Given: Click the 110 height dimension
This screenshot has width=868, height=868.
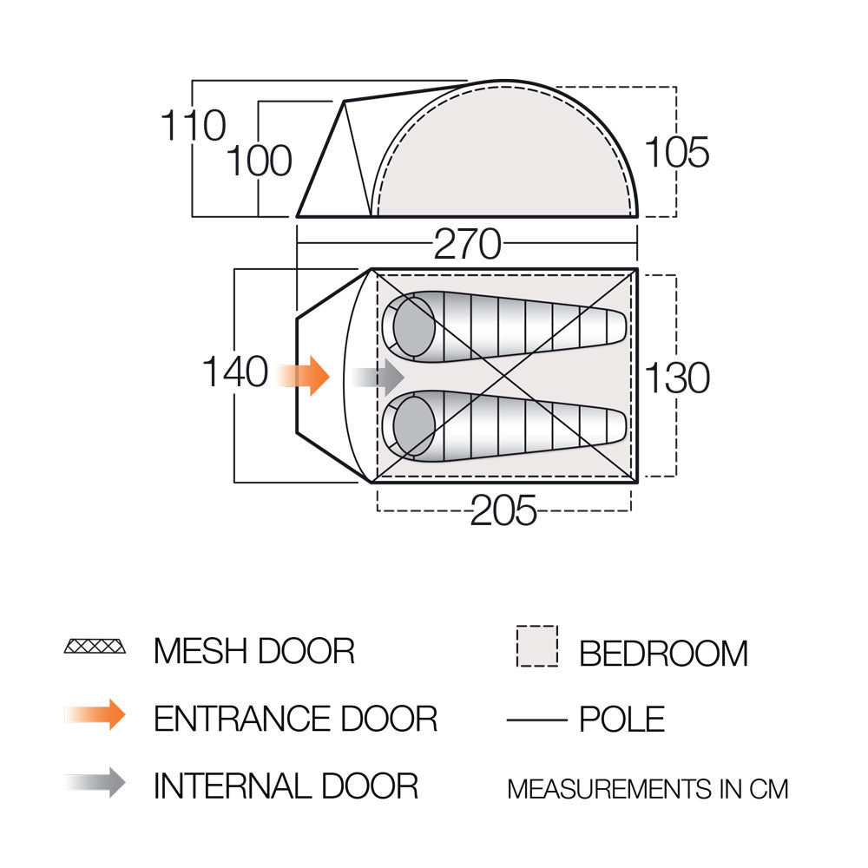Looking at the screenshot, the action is point(194,125).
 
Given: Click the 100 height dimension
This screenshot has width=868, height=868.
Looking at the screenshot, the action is point(259,161).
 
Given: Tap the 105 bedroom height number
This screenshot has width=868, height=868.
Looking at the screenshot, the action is point(676,152).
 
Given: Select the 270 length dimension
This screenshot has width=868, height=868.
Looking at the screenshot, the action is point(467,244).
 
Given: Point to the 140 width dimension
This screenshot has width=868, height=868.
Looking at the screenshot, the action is point(235,372).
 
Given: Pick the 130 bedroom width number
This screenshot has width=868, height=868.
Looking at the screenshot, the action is point(677,378).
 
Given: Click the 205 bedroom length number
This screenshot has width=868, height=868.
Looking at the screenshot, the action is point(503,510).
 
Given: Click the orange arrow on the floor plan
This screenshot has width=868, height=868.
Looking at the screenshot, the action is point(303,376).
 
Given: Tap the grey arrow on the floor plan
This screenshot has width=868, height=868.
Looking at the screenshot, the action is point(378,377).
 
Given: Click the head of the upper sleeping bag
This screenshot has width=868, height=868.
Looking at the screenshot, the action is point(413,326).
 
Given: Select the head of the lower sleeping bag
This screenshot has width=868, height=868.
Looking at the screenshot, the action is point(413,426).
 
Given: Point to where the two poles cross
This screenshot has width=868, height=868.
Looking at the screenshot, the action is point(503,376).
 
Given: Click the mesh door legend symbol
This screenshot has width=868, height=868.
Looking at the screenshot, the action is point(95,646).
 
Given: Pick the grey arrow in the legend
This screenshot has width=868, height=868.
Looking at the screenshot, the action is point(95,782).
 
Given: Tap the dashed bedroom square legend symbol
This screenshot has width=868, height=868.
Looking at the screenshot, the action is point(537,646).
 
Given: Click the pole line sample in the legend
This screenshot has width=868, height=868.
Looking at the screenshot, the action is point(537,720).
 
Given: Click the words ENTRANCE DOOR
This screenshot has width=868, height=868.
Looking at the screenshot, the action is point(296,719).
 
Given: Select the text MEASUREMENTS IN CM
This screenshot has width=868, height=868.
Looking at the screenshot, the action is point(648,789).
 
